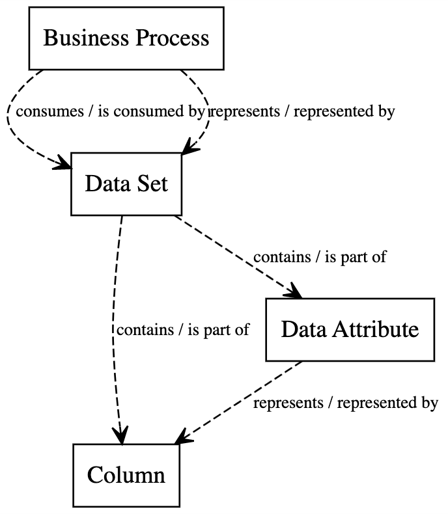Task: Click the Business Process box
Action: (x=126, y=38)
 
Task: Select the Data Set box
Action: (x=126, y=184)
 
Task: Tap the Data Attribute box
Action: (x=350, y=329)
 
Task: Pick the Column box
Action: (x=126, y=475)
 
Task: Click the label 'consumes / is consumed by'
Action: (x=110, y=111)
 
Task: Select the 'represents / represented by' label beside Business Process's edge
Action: (x=301, y=111)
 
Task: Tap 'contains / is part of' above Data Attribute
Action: (x=320, y=256)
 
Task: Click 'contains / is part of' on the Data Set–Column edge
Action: (x=183, y=329)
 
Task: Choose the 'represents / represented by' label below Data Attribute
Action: (x=345, y=403)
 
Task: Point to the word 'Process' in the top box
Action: (x=172, y=38)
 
